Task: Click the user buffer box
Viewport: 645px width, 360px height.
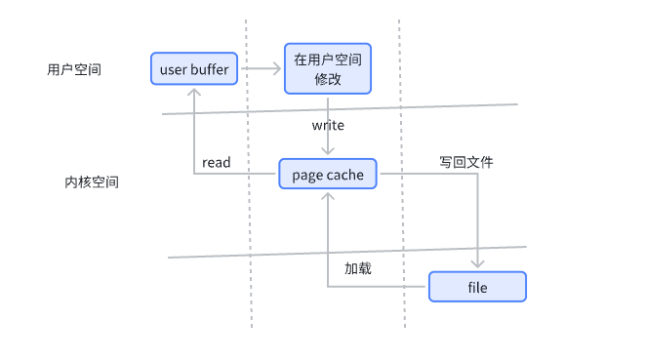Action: (194, 68)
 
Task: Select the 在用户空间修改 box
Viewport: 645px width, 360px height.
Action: (328, 68)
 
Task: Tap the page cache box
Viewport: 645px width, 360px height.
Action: (328, 176)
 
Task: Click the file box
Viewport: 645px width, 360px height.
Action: (477, 287)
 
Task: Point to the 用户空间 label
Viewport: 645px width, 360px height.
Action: (74, 70)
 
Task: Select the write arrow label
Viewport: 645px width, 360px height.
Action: (328, 126)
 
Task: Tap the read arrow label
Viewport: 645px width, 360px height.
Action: (216, 163)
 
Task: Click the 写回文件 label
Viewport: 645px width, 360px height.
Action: (465, 162)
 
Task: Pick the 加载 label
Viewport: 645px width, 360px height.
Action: (357, 268)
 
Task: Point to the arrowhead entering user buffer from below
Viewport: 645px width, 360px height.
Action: (195, 89)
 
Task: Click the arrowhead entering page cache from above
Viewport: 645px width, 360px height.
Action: (328, 152)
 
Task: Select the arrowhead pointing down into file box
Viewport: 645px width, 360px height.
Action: (478, 265)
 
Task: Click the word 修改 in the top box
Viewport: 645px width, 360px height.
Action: (328, 79)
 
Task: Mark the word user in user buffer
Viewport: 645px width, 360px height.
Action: (173, 69)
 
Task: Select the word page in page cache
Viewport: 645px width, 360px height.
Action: (307, 176)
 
